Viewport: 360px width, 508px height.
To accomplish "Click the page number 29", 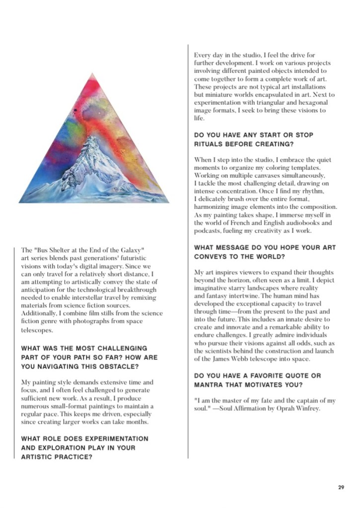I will coord(341,487).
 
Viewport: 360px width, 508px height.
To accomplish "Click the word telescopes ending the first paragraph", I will coord(39,329).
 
